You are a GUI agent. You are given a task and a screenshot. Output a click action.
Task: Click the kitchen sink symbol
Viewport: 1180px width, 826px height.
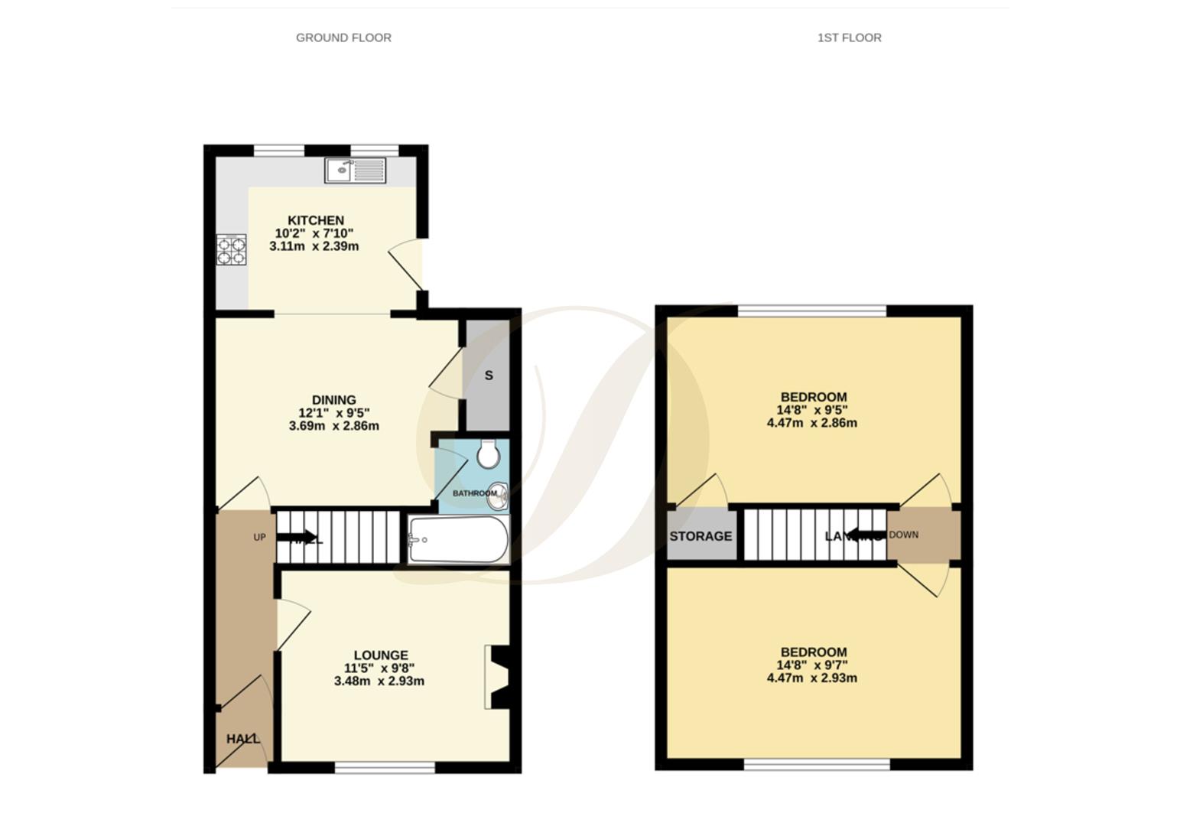[355, 170]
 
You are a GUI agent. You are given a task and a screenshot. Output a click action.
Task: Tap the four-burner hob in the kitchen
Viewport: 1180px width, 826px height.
[231, 249]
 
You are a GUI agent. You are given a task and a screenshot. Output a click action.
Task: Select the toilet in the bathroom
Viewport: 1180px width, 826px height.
[488, 454]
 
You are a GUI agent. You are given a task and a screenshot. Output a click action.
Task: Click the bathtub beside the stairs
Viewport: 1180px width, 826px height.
[457, 539]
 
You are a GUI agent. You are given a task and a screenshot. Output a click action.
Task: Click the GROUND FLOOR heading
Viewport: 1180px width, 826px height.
[343, 37]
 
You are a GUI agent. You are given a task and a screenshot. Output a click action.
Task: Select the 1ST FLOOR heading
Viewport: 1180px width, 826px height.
[849, 37]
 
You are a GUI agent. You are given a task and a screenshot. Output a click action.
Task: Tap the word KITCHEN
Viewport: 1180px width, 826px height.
[315, 220]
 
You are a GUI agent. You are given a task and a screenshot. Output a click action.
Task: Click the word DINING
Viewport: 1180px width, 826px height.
[333, 399]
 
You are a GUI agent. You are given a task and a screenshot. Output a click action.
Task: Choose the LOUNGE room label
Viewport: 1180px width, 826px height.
[380, 655]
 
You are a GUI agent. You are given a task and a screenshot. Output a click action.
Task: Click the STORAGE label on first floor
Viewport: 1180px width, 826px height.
[701, 536]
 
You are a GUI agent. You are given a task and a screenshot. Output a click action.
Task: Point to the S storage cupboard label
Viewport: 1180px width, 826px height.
[489, 376]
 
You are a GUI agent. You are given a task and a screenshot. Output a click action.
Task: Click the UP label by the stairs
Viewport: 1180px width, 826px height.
[259, 538]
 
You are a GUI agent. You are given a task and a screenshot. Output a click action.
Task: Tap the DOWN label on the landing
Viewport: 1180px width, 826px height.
[903, 535]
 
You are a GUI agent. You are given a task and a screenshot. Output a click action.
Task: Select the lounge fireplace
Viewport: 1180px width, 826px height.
[497, 677]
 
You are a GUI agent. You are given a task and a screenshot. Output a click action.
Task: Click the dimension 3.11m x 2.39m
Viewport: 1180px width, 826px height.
[314, 246]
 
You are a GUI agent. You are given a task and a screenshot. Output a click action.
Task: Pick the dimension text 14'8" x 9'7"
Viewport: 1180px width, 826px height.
[811, 665]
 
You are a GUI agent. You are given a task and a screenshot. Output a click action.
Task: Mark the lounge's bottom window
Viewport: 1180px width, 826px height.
[385, 766]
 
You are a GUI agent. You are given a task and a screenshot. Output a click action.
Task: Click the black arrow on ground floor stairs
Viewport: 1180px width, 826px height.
[297, 537]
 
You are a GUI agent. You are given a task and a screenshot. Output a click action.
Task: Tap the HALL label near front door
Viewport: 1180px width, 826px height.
[242, 739]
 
